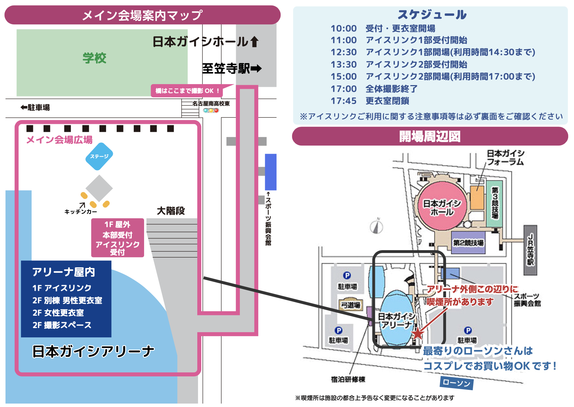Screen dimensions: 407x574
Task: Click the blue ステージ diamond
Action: tap(99, 156)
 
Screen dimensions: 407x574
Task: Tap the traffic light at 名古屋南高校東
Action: tap(211, 111)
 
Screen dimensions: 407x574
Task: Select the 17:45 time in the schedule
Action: tap(343, 101)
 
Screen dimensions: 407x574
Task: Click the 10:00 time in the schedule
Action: tap(343, 28)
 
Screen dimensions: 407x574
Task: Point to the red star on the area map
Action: tap(418, 334)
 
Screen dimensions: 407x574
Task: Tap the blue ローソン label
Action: tap(456, 383)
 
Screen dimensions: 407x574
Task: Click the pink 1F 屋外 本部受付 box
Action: tap(117, 238)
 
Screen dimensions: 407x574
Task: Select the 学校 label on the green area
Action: tap(94, 58)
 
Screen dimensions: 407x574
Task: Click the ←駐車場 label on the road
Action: tap(35, 108)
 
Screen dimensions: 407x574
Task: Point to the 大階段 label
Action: tap(171, 211)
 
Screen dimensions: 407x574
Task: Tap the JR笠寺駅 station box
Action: tap(530, 250)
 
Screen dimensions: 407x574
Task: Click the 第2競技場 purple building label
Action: tap(468, 243)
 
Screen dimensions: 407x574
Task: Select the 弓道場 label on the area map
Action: tap(350, 305)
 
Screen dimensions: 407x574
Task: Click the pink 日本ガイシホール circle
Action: tap(442, 206)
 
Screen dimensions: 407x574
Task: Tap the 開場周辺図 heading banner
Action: tap(430, 136)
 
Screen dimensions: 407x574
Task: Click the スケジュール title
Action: tap(432, 14)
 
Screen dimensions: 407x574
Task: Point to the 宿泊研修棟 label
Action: tap(348, 379)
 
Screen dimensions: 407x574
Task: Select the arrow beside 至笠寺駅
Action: tap(256, 69)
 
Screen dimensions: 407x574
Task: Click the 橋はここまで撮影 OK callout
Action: tap(187, 91)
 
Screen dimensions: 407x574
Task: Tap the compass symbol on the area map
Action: tap(376, 227)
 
